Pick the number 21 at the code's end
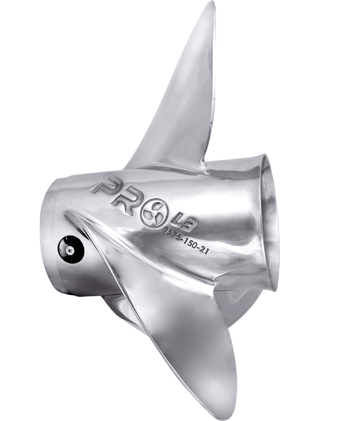point(204,250)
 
